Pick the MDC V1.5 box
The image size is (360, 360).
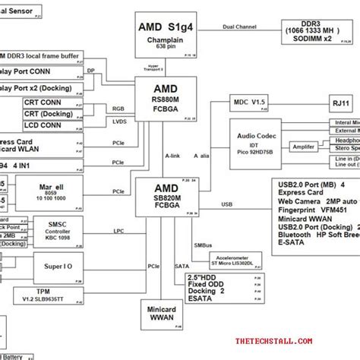(250, 103)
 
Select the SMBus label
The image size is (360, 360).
(203, 245)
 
